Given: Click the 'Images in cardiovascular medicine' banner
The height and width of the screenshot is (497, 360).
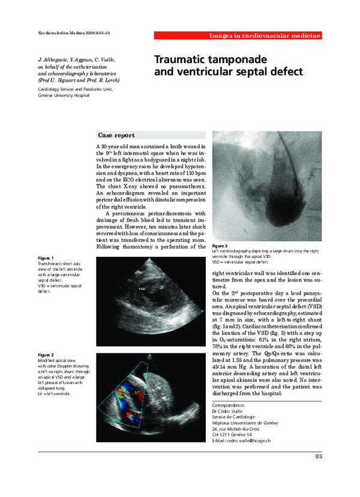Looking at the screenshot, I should point(265,36).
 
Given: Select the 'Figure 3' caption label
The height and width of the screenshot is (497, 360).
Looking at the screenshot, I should point(220,246).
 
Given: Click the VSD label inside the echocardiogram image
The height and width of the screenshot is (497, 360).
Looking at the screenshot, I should point(142,289).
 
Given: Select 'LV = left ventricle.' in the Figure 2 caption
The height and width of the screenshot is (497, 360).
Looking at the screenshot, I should point(55,394).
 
